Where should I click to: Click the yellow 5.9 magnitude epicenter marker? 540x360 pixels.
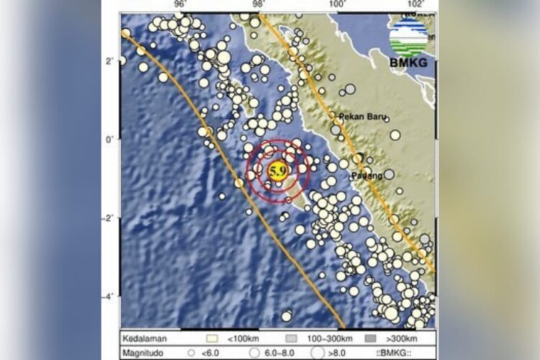pos(278,171)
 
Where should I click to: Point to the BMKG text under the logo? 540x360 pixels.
pos(408,63)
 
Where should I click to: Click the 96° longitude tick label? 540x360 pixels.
pos(180,6)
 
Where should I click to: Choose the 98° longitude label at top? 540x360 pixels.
pos(258,6)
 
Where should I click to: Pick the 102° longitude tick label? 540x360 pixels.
pos(415,6)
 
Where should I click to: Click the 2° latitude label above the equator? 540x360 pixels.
pos(109,60)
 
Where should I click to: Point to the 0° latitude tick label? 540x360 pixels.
pos(109,139)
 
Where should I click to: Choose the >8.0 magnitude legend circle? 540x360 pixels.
pos(319,353)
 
